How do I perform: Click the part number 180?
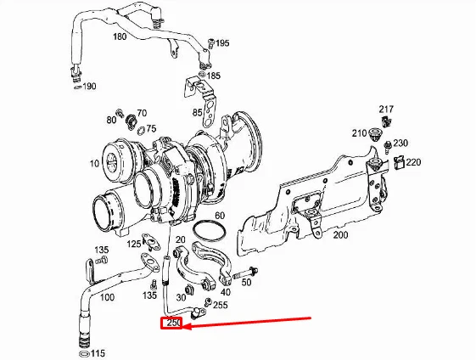pos(119,37)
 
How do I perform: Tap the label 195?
pos(221,42)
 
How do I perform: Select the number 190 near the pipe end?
pos(89,87)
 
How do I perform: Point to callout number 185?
pos(213,76)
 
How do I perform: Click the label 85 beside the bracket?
pos(198,112)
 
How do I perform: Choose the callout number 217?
pos(386,110)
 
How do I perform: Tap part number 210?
pos(359,133)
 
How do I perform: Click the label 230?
pos(400,143)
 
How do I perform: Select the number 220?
pos(413,161)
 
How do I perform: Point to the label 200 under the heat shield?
pos(340,233)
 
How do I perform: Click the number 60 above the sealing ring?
pos(219,216)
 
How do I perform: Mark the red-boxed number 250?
pos(174,323)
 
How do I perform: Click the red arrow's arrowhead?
pos(184,326)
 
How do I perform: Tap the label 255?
pos(220,305)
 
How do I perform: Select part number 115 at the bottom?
pos(98,352)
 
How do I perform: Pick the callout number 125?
pos(135,245)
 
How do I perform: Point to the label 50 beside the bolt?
pos(246,282)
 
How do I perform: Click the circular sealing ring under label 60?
pos(210,230)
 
